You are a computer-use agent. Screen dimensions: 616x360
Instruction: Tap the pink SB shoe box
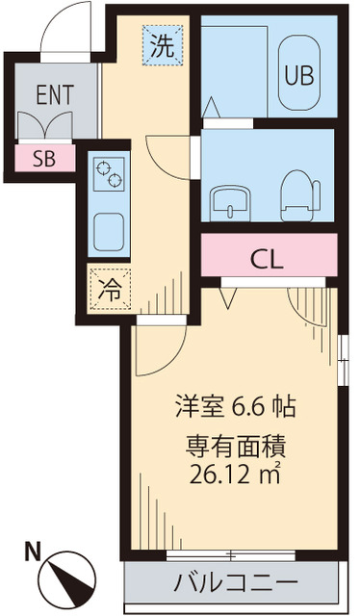pyautogui.click(x=44, y=159)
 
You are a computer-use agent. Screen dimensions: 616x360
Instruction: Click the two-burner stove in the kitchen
pyautogui.click(x=108, y=176)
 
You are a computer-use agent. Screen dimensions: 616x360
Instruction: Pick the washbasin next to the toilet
pyautogui.click(x=231, y=198)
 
